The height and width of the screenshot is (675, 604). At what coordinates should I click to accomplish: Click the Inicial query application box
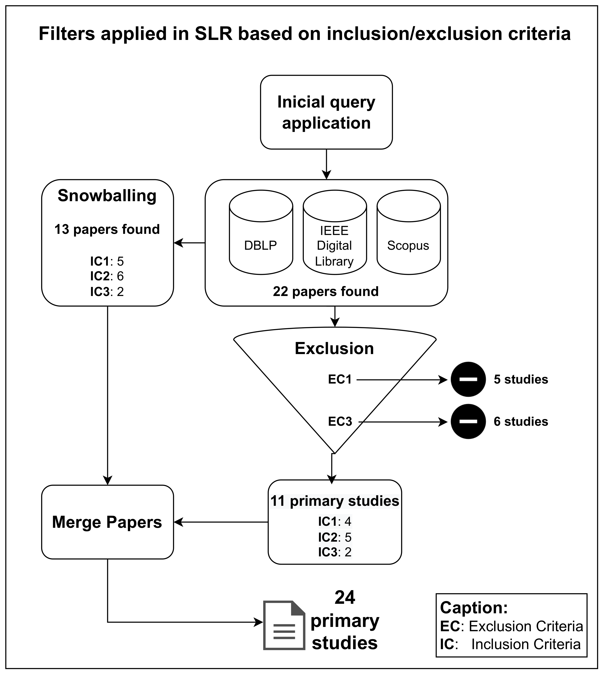point(326,112)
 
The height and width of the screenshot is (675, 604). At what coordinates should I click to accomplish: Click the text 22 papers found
point(326,291)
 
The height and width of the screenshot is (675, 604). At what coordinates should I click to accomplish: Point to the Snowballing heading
point(107,195)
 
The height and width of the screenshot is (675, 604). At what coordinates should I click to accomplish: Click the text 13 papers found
point(107,229)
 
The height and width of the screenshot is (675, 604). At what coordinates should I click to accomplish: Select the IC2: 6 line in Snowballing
point(107,276)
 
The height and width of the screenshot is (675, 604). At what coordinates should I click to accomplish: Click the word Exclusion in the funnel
point(334,348)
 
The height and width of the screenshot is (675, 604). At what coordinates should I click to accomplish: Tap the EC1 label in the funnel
point(339,379)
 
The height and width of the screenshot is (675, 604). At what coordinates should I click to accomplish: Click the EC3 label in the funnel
point(340,421)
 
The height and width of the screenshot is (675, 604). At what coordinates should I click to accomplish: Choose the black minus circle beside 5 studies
point(468,379)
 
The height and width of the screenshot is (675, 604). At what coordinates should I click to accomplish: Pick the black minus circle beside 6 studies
point(468,421)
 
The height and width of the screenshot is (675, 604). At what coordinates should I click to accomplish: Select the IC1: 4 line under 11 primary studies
point(334,521)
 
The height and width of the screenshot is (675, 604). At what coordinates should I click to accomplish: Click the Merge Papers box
point(107,522)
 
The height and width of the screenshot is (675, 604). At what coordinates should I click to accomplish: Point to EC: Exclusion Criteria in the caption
point(511,626)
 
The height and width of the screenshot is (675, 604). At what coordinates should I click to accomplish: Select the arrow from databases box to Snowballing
point(189,243)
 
